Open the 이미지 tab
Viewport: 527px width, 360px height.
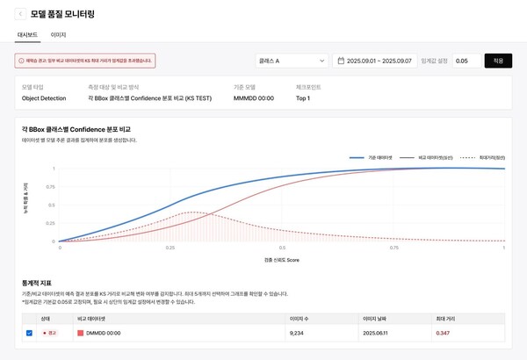(59, 34)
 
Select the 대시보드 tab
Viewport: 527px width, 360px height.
(28, 34)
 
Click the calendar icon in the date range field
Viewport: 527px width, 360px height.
(342, 61)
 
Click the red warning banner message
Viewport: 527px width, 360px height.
(85, 61)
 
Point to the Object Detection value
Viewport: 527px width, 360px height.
(43, 98)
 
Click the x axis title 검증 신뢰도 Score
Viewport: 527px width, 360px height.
(281, 261)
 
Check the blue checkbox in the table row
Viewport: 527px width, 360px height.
(30, 334)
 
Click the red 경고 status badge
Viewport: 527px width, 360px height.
(49, 334)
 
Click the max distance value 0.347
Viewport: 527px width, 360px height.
(443, 334)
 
